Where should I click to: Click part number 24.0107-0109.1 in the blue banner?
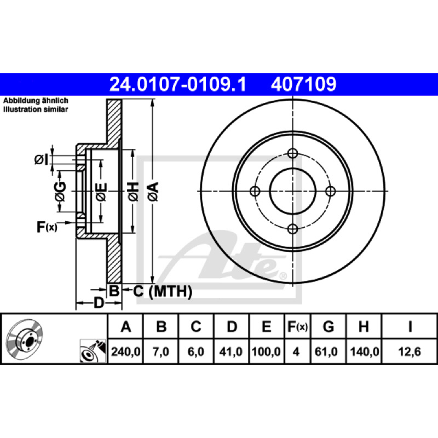coord(177,84)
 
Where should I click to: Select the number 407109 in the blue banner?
coord(303,84)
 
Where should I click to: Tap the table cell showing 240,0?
coord(125,351)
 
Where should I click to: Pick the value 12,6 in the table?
coord(409,351)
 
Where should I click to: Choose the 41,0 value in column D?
coord(230,351)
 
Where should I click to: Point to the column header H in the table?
coord(364,326)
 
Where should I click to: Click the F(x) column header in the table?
coord(297,326)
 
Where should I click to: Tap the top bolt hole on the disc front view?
coord(292,153)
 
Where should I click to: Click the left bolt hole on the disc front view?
coord(255,191)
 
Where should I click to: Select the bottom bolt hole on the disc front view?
coord(292,229)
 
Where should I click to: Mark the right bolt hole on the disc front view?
coord(331,191)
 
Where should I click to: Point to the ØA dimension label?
coord(153,192)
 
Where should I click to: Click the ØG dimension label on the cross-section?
coord(60,192)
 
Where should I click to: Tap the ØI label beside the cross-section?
coord(42,160)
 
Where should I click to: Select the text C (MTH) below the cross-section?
coord(163,292)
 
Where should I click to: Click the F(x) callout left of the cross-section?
coord(47,227)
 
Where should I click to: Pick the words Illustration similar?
coord(36,109)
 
